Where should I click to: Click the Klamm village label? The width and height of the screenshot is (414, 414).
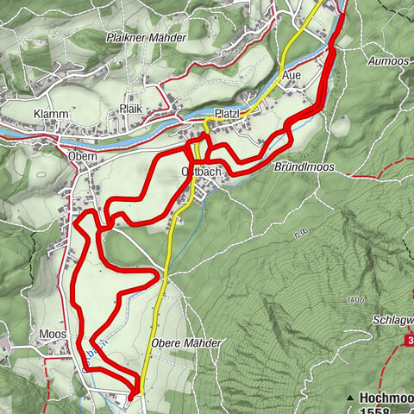52,115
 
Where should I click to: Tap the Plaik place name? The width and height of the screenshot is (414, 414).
130,110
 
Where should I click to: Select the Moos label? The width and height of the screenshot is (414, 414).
53,334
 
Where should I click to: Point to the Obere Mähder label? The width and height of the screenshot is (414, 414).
185,343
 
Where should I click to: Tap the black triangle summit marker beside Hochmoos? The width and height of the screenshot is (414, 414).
350,398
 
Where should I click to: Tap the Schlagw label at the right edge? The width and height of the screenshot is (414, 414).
392,319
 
